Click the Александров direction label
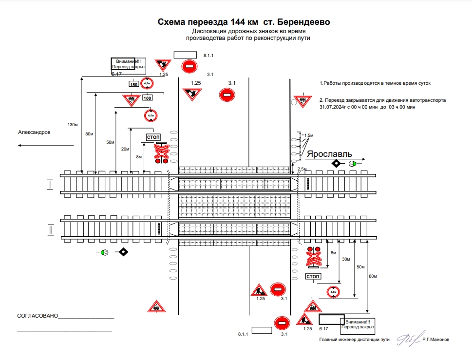[x=34, y=132]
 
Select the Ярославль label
[x=329, y=154]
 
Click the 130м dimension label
[x=73, y=125]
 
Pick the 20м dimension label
[x=125, y=149]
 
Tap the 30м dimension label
[x=346, y=259]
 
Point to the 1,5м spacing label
[x=308, y=135]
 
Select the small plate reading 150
[x=133, y=85]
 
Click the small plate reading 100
[x=148, y=98]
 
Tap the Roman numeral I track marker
[x=49, y=184]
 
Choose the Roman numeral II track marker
[x=49, y=229]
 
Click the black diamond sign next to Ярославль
[x=336, y=163]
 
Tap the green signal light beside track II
[x=104, y=252]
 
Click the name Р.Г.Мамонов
[x=436, y=340]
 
